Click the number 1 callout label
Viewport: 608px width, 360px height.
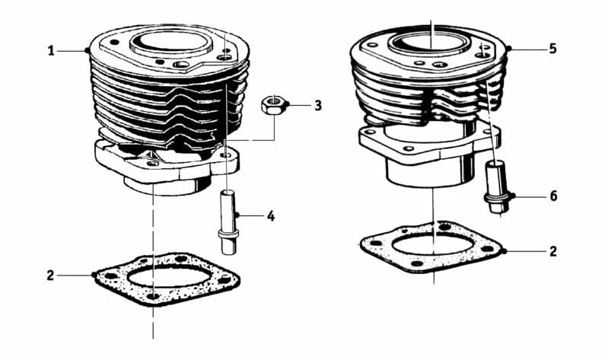[x=50, y=51]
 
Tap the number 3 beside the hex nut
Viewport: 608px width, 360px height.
[x=318, y=105]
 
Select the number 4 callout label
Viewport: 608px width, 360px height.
[x=270, y=216]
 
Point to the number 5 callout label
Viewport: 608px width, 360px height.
[x=553, y=48]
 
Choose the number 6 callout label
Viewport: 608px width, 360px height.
[x=553, y=196]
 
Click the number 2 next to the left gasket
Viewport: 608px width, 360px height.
[x=50, y=275]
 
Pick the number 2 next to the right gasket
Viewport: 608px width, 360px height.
[x=553, y=250]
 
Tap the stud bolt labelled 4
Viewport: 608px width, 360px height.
[x=228, y=221]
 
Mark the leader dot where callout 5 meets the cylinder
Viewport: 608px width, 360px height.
[x=508, y=48]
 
